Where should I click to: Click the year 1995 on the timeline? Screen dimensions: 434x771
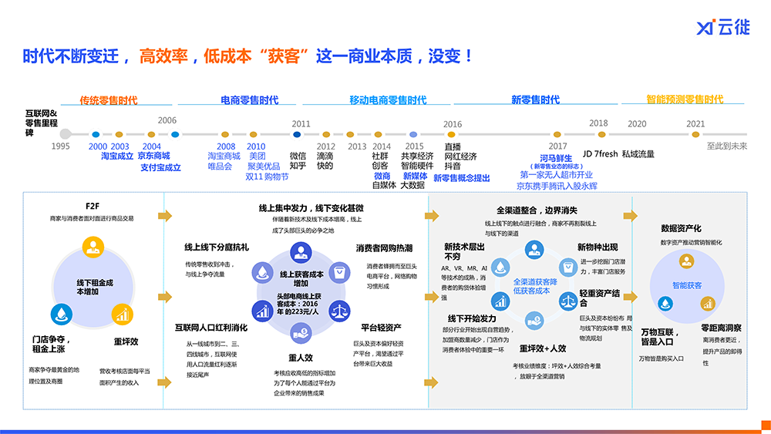[x=61, y=146]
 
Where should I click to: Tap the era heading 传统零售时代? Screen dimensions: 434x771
[x=109, y=100]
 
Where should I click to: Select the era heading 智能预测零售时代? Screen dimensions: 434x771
[x=685, y=99]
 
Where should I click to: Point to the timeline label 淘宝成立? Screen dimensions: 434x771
[x=117, y=156]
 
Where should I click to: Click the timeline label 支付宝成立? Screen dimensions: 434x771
[x=160, y=167]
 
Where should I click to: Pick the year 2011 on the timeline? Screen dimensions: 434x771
[x=301, y=123]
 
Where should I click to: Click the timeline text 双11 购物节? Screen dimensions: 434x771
[x=267, y=177]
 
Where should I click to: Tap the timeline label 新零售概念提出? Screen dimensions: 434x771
[x=461, y=178]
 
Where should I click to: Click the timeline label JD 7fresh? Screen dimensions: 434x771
[x=600, y=154]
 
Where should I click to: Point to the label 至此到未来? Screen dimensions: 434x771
[x=727, y=146]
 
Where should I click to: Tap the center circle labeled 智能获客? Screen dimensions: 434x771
[x=686, y=285]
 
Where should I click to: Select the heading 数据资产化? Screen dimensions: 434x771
[x=681, y=228]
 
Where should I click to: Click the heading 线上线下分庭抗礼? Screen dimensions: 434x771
[x=217, y=247]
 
